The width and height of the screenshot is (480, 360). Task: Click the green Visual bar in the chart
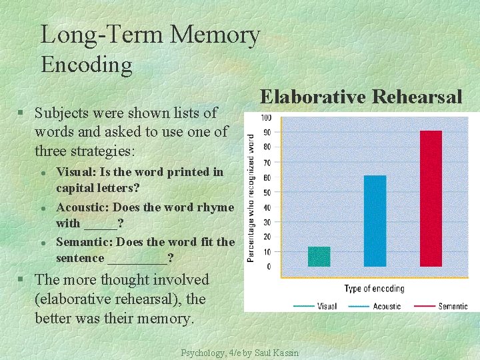319,257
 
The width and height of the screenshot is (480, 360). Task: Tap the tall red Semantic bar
431,199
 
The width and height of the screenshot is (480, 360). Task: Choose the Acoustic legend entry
377,306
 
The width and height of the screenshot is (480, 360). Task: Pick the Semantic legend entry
441,306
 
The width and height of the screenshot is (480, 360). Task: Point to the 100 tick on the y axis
265,118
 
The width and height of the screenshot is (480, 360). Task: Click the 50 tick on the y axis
267,193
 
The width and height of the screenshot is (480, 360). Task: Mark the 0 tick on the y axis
268,267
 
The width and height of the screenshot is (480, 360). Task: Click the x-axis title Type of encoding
374,289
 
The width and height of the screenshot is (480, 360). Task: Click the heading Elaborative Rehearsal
361,97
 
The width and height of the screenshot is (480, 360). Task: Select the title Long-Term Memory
150,35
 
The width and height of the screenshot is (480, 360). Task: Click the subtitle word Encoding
87,65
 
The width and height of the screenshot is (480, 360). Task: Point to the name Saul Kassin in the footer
277,353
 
